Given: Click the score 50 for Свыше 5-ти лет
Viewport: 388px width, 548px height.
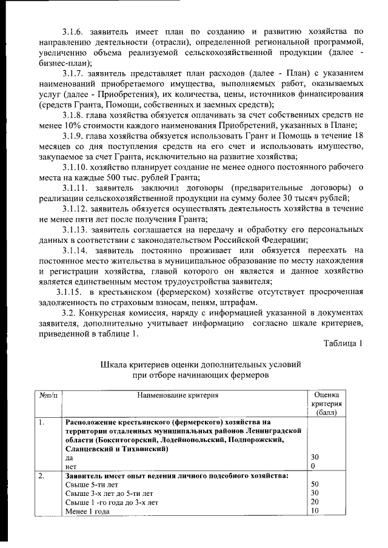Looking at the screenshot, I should (x=315, y=484).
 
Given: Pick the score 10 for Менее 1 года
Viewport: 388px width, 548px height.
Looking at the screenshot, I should (x=314, y=510).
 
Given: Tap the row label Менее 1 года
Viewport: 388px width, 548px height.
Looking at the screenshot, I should (x=87, y=510).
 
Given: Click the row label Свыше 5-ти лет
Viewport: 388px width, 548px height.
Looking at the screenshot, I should (x=92, y=484).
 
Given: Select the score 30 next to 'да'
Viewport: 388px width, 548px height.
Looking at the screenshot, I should (x=315, y=458).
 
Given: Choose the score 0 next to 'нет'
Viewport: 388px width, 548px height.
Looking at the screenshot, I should (x=313, y=466).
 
